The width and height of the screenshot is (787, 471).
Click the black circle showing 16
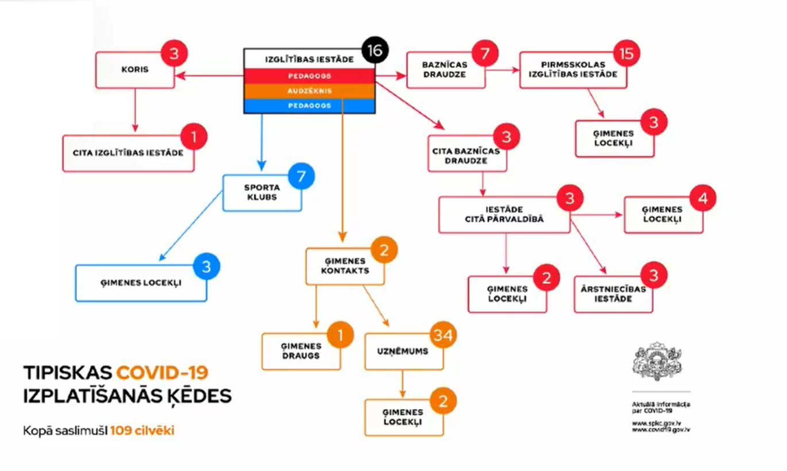click(375, 50)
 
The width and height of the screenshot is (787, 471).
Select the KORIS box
click(135, 70)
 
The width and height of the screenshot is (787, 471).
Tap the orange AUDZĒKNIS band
click(310, 91)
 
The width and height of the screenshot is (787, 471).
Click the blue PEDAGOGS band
click(310, 106)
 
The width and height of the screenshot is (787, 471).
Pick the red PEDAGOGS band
click(310, 76)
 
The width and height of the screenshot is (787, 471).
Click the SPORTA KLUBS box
click(262, 192)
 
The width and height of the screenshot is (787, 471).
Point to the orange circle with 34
click(443, 335)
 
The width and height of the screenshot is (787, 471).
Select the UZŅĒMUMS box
click(404, 352)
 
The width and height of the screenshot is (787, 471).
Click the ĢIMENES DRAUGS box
click(301, 351)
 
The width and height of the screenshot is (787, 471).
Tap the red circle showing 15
click(626, 54)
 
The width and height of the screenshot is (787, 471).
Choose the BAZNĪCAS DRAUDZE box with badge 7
click(446, 70)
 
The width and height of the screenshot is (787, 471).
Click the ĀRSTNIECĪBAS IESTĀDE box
click(614, 294)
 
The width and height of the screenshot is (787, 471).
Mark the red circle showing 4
click(703, 198)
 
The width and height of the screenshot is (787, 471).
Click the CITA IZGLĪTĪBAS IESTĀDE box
click(128, 153)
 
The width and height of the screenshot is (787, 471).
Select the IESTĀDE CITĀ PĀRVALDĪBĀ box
click(504, 215)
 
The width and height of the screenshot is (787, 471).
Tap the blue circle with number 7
click(301, 176)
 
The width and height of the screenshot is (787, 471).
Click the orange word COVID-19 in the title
click(163, 373)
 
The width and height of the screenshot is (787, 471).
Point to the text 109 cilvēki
click(142, 431)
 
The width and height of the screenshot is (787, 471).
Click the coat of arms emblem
click(657, 362)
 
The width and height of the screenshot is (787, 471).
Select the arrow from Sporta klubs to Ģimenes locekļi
click(191, 226)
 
